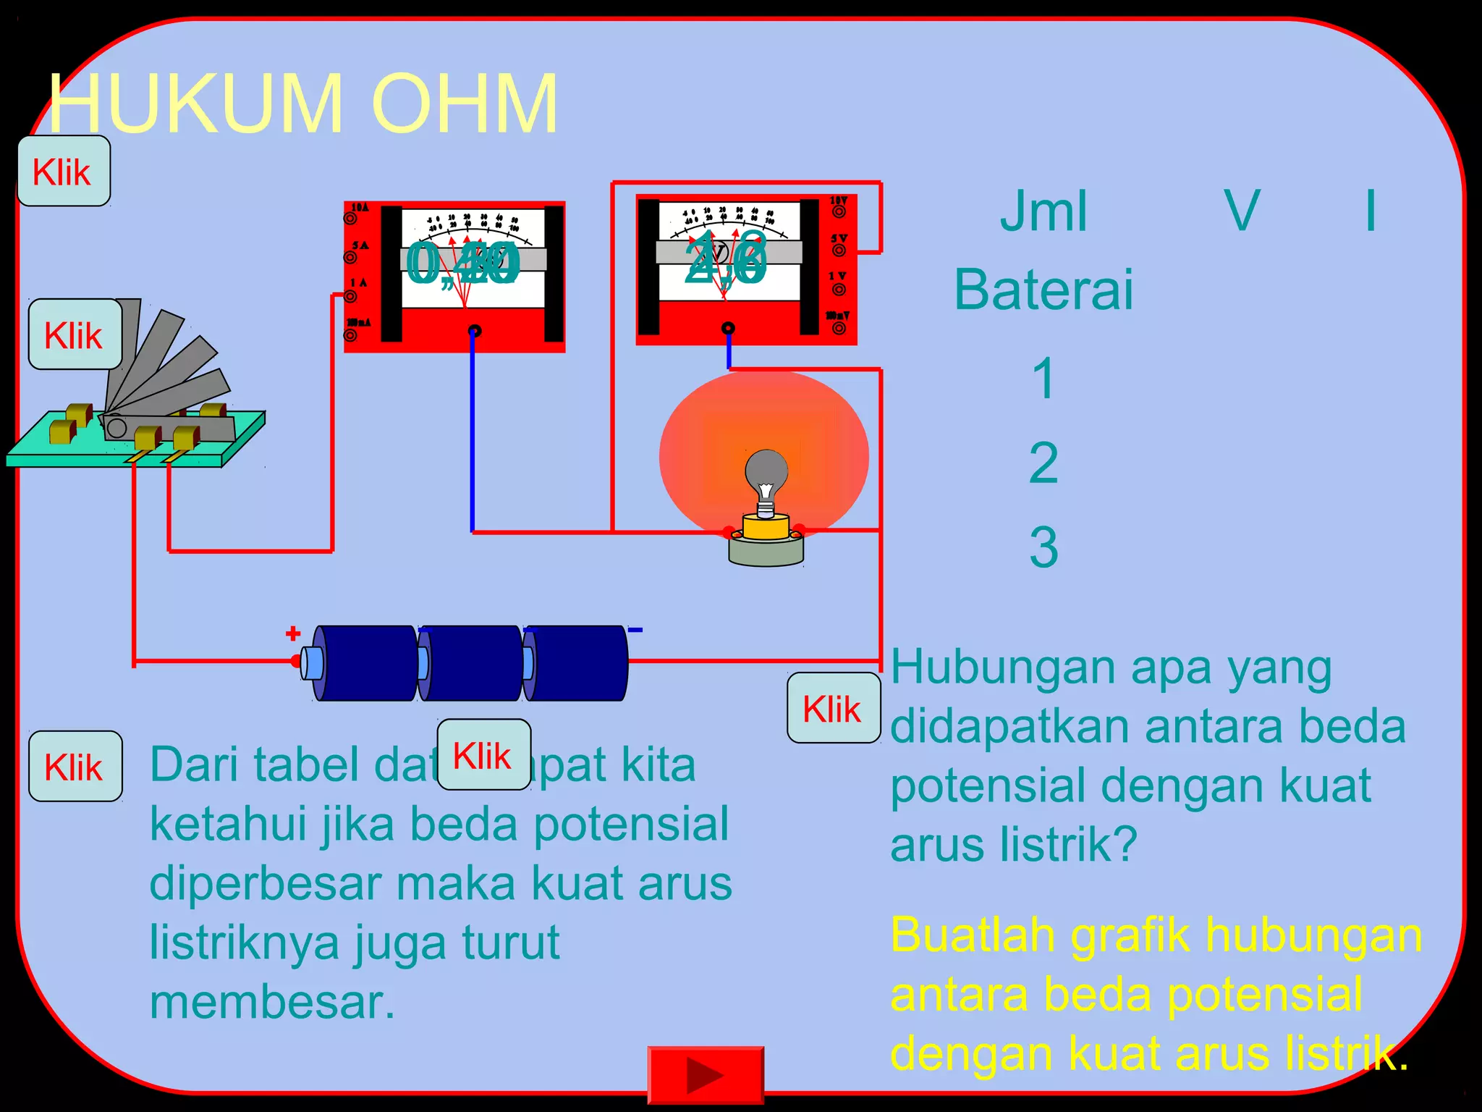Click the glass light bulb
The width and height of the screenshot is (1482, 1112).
tap(766, 474)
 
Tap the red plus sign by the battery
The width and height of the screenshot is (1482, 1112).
tap(293, 634)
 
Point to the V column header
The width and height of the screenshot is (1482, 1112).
tap(1242, 211)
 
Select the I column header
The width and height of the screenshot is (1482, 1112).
tap(1370, 211)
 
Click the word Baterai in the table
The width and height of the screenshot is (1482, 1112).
tap(1043, 290)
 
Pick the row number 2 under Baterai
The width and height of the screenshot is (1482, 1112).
tap(1043, 463)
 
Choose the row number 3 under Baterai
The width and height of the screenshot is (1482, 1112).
tap(1043, 547)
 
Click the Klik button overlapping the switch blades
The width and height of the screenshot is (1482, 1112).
tap(75, 335)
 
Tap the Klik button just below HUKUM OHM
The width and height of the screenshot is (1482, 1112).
tap(63, 172)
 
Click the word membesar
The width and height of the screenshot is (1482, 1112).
tap(272, 1003)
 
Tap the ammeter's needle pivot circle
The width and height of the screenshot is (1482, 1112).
tap(475, 331)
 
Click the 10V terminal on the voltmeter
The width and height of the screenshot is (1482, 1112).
tap(839, 211)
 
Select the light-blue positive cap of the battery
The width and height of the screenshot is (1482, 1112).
tap(312, 662)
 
